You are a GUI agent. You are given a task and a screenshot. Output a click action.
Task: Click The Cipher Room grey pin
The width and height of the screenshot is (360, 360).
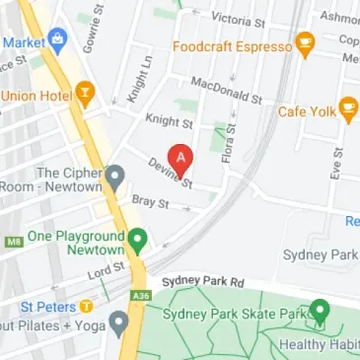[x=115, y=179]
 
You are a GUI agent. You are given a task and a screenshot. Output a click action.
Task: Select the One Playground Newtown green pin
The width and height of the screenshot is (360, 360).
[x=139, y=237]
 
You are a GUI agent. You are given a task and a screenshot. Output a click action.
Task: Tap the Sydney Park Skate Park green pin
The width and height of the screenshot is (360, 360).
[x=320, y=313]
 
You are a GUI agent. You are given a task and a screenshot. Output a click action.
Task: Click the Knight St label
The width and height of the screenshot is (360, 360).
[x=169, y=123]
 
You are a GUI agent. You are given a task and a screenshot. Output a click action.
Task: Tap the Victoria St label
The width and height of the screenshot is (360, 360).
[x=238, y=18]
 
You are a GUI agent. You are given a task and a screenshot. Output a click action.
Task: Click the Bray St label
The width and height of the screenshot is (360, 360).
[x=151, y=202]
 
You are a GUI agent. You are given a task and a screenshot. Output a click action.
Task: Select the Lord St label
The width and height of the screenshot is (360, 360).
[x=106, y=270]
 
